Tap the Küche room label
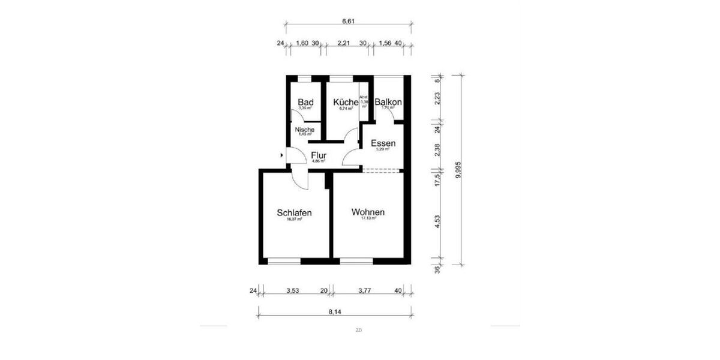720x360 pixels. pos(346,103)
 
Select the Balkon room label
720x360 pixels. pos(388,103)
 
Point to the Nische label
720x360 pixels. pos(304,130)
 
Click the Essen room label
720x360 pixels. pos(383,143)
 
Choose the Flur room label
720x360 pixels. pos(319,155)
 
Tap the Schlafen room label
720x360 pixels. pos(294,213)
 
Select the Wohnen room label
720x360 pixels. pos(368,212)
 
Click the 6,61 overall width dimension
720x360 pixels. pos(349,21)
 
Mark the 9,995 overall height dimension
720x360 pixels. pos(458,170)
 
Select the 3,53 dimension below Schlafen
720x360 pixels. pos(292,291)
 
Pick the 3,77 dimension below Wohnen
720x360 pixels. pos(365,291)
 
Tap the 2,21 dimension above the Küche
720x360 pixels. pos(344,43)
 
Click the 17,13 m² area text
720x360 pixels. pos(368,219)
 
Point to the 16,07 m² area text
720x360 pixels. pos(294,220)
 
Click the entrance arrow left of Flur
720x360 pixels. pos(282,155)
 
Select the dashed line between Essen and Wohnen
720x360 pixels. pos(382,170)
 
